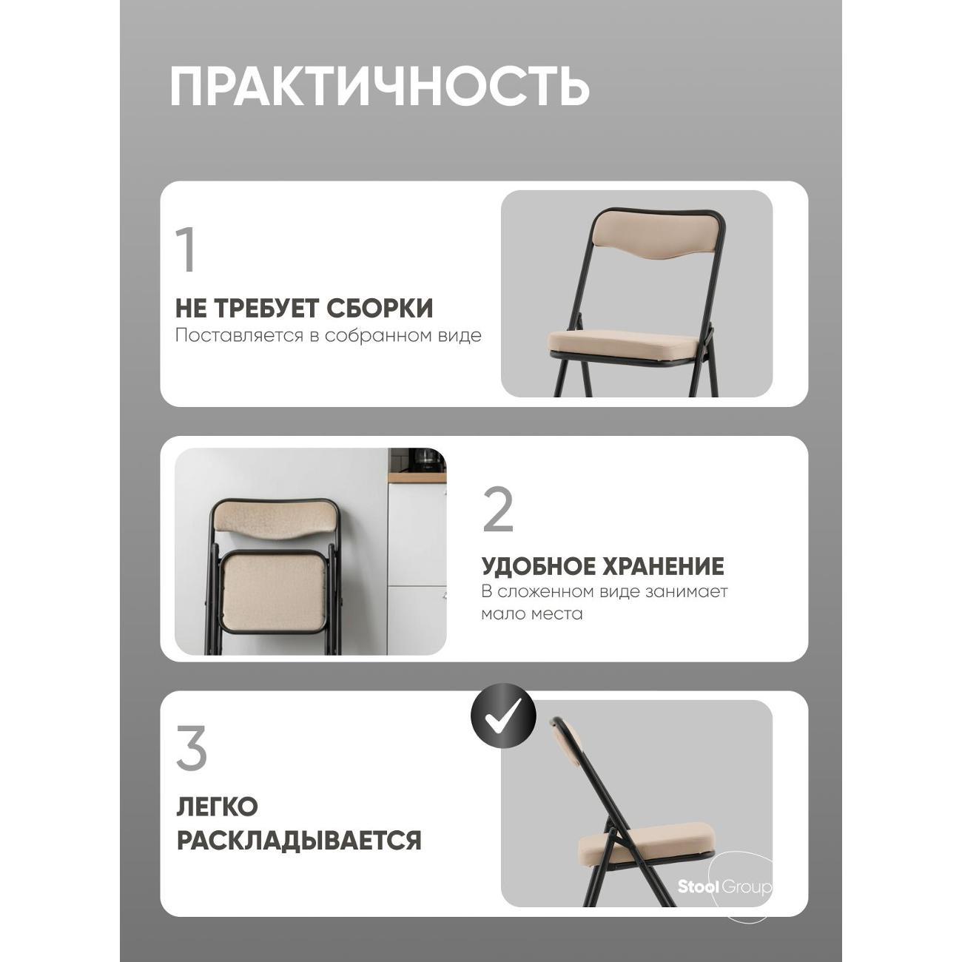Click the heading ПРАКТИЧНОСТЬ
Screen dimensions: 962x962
tap(379, 87)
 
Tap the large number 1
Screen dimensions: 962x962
tap(186, 250)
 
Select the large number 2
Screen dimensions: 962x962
tap(498, 510)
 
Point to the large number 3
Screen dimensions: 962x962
tap(192, 748)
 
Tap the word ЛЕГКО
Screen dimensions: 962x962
tap(217, 807)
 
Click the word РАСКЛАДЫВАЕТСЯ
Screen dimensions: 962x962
tap(299, 841)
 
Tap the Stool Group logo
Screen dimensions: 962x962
tap(724, 887)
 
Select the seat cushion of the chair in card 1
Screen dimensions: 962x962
tap(626, 343)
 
